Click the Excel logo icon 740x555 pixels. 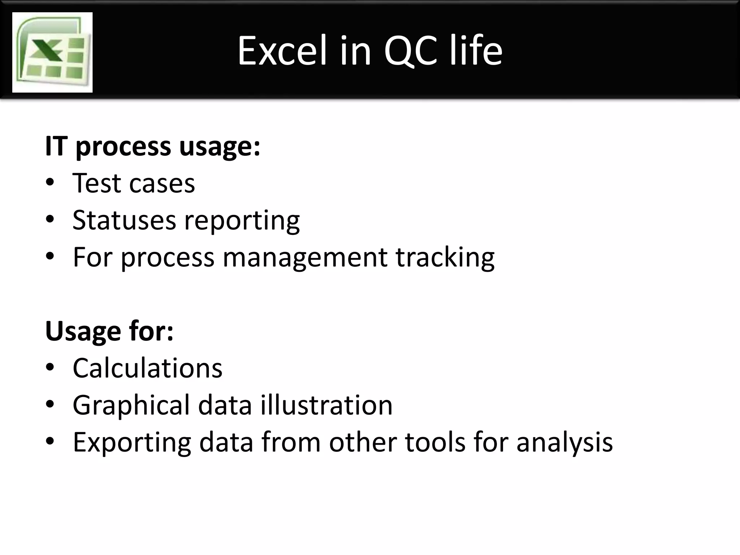point(52,52)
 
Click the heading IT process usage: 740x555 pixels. point(152,147)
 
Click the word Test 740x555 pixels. point(96,184)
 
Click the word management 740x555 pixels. point(305,258)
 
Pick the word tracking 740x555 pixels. point(445,258)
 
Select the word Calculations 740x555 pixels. point(147,368)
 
